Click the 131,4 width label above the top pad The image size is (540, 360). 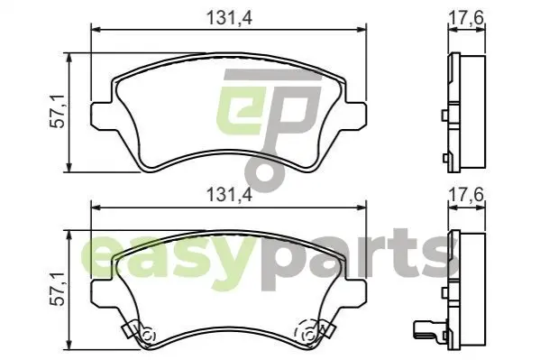coord(229,18)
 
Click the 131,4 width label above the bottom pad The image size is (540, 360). coord(229,195)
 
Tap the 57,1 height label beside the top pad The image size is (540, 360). coord(58,111)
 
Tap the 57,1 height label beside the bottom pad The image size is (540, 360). coord(58,289)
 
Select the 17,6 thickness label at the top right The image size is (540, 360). coord(466,17)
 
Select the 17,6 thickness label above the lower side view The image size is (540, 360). coord(466,195)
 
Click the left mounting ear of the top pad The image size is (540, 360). coord(101,115)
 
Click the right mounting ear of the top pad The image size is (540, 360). coord(356,115)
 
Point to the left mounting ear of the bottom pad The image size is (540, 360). coord(101,292)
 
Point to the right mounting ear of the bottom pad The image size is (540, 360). coord(356,292)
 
